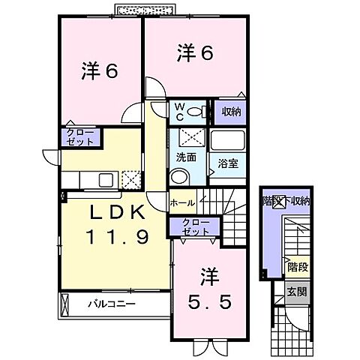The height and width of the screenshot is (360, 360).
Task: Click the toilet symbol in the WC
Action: tap(196, 112)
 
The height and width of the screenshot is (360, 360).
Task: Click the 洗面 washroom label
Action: tap(186, 158)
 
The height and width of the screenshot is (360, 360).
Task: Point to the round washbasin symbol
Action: tap(179, 177)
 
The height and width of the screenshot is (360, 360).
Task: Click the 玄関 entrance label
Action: tap(297, 291)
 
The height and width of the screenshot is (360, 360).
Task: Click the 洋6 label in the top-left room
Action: tap(100, 72)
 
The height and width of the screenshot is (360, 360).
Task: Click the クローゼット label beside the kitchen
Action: tap(78, 136)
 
